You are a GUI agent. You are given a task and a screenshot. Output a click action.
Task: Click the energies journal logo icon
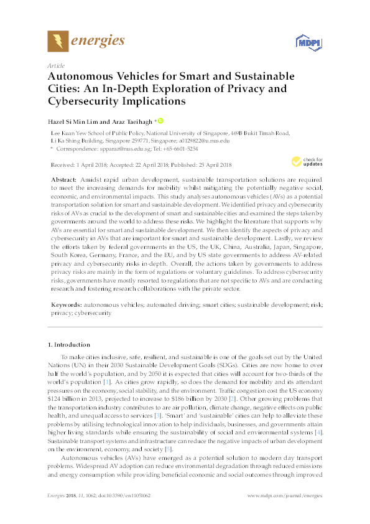tap(58, 41)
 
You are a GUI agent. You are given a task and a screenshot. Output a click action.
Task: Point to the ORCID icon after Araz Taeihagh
tap(160, 121)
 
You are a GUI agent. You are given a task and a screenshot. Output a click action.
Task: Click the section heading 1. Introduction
tap(69, 345)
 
